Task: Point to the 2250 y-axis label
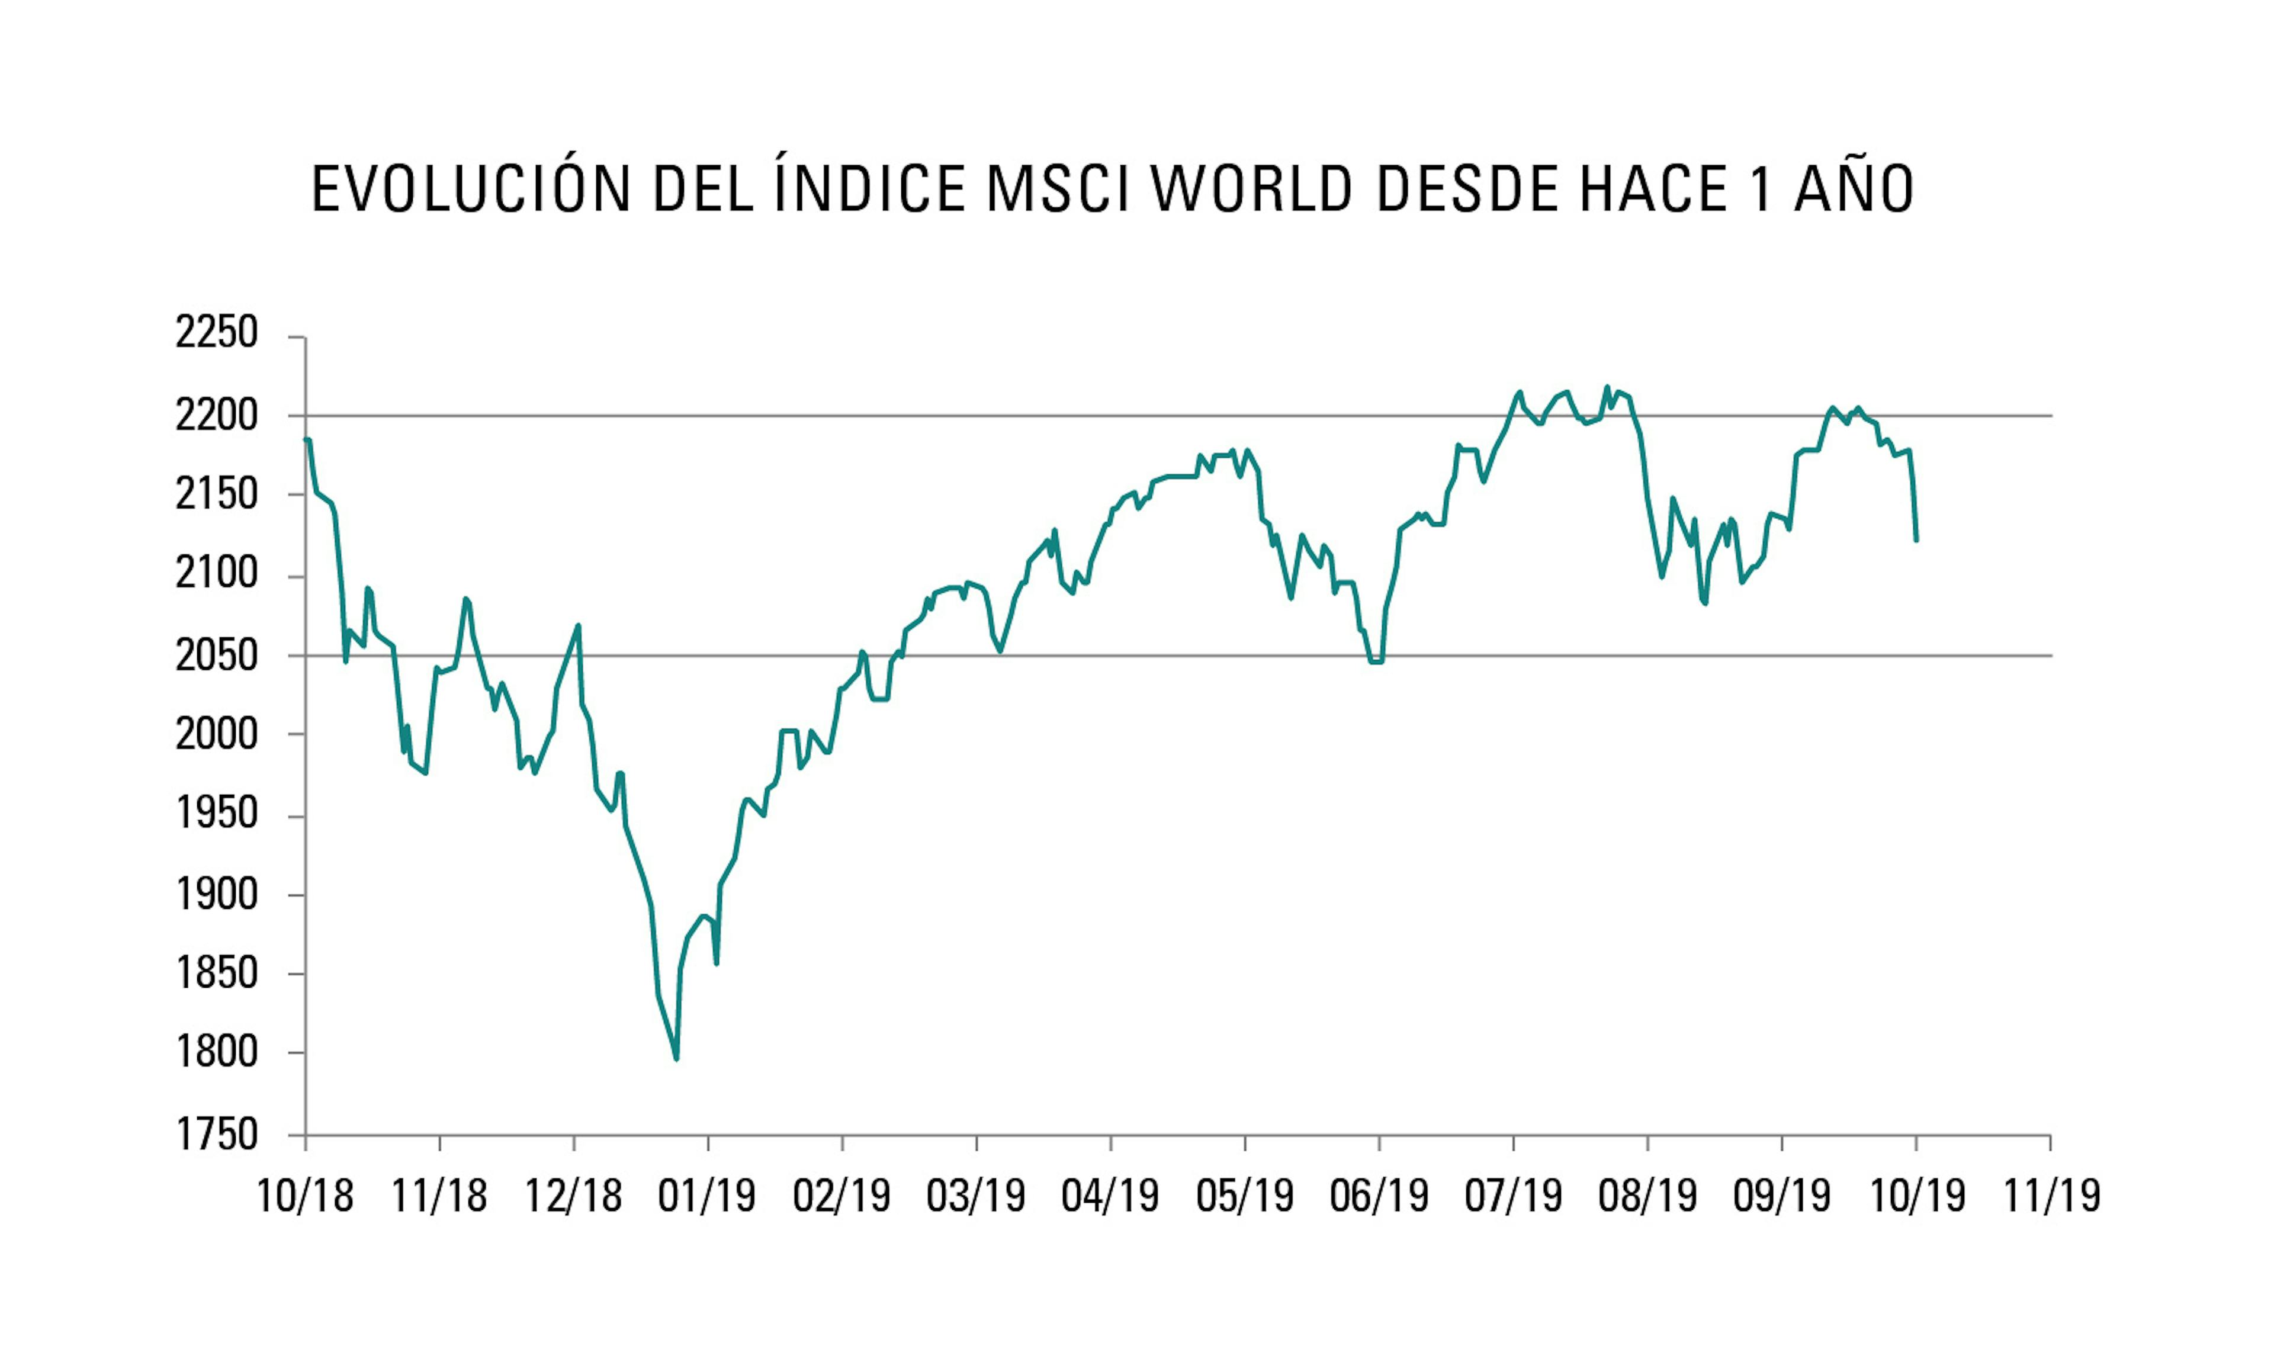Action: click(x=217, y=334)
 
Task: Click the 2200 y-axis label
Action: click(x=217, y=416)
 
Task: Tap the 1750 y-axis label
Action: click(x=217, y=1135)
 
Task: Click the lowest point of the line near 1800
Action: click(x=676, y=1058)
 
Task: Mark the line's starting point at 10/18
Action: click(x=307, y=439)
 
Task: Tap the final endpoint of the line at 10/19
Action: click(x=1916, y=539)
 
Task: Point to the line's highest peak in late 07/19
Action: click(x=1607, y=387)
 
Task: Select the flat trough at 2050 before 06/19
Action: click(x=1376, y=661)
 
